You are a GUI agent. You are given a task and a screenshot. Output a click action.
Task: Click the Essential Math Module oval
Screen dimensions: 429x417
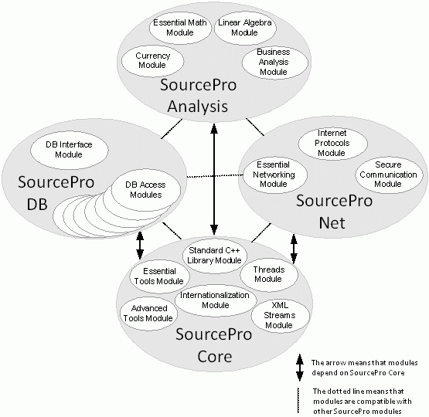click(180, 28)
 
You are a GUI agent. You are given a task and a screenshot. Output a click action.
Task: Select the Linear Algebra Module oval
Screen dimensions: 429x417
click(245, 28)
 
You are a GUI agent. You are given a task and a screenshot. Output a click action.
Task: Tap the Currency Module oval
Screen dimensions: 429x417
click(152, 61)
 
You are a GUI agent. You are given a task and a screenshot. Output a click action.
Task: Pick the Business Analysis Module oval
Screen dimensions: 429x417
click(274, 62)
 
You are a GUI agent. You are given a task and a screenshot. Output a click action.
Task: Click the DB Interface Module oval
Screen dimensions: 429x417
click(70, 150)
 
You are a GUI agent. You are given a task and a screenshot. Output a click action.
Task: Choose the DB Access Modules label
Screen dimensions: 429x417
click(145, 190)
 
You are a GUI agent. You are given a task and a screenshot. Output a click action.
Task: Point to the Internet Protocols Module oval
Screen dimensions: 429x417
click(332, 143)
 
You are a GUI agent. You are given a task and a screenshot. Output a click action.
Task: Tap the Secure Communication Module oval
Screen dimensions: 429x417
click(389, 175)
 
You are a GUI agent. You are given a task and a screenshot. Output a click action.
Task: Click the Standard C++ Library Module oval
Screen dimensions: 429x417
click(215, 256)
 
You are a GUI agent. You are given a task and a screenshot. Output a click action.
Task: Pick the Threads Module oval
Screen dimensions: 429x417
click(269, 274)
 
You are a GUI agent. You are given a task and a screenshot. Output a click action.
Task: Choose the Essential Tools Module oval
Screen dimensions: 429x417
click(159, 276)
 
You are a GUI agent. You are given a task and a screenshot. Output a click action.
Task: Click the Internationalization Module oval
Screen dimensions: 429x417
click(216, 300)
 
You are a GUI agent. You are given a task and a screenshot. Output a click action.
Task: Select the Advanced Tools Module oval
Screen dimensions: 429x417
click(148, 314)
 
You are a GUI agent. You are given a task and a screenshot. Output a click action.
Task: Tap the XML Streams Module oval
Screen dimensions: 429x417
click(280, 315)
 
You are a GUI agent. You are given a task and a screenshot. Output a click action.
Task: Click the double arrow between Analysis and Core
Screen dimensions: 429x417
click(214, 179)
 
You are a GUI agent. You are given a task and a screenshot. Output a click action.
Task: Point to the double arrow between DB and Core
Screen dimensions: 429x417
click(140, 246)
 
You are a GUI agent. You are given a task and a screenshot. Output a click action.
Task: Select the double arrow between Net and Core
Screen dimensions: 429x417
click(295, 249)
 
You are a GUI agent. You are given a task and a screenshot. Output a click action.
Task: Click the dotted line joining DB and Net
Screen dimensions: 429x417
click(215, 176)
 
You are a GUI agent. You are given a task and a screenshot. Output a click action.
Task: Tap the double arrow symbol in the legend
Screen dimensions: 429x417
click(300, 368)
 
